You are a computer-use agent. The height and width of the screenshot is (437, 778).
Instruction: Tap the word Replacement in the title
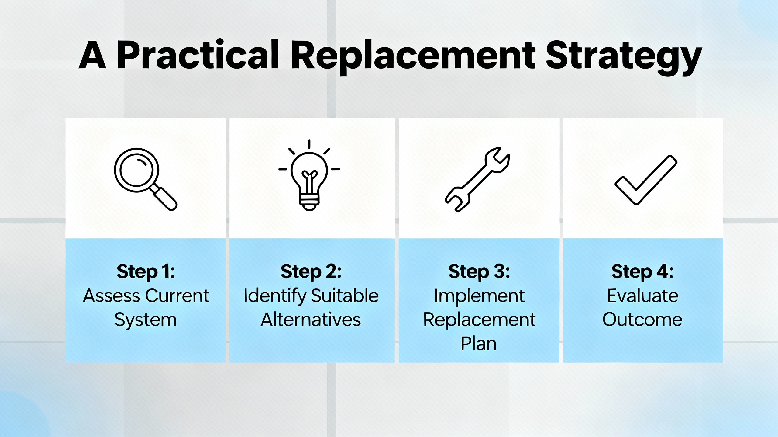click(414, 57)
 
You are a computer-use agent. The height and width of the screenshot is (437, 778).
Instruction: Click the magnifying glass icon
click(146, 179)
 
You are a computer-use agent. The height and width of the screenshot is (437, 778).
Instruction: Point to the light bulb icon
click(309, 175)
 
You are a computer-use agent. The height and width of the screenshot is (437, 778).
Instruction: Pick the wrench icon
click(477, 179)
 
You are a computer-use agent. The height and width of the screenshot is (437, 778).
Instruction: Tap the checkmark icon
click(646, 180)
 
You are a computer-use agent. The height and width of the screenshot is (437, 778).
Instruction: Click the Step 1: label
click(146, 271)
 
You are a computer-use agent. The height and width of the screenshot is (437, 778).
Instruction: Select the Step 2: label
click(311, 271)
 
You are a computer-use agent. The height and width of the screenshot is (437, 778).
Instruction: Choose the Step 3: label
click(479, 271)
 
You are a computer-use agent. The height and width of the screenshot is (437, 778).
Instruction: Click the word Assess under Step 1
click(111, 296)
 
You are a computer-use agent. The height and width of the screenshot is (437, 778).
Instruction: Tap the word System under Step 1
click(146, 320)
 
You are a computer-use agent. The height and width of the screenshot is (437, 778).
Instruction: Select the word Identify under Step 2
click(275, 296)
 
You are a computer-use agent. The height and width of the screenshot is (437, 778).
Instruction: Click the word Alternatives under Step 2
click(311, 320)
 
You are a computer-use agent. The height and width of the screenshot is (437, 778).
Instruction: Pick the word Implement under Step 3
click(479, 296)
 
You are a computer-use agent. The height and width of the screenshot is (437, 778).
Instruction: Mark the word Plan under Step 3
click(479, 344)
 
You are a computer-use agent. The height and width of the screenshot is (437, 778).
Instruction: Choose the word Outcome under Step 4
click(642, 320)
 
